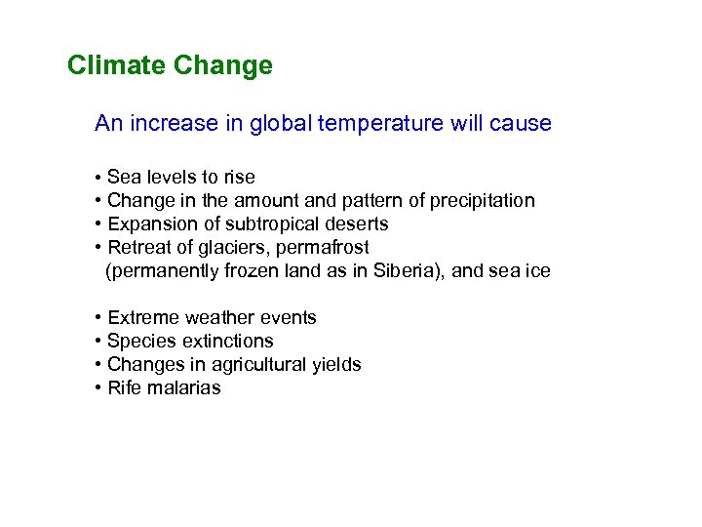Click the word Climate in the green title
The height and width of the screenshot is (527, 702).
117,66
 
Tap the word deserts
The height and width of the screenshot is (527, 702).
355,224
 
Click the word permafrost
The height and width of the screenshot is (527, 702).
325,248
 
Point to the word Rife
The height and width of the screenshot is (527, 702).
124,388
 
